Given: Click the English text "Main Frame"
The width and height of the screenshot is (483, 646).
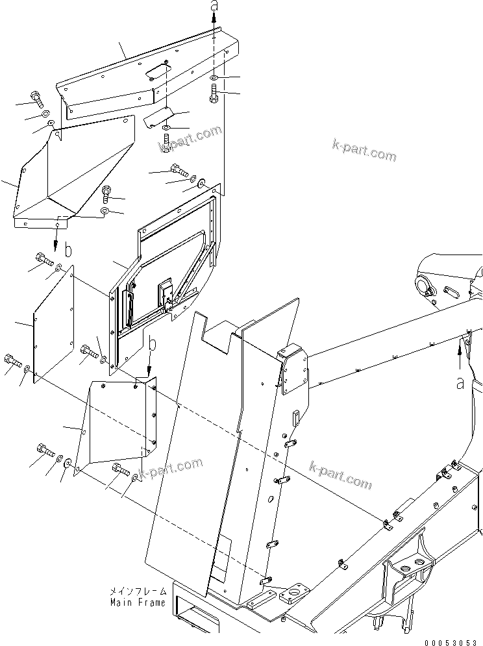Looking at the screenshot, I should [137, 602].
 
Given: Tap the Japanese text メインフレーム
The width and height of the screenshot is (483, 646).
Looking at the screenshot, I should [138, 592].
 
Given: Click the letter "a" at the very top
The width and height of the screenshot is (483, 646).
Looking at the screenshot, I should [214, 6].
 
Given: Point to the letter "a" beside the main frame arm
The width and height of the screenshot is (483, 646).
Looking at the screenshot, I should [460, 384].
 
